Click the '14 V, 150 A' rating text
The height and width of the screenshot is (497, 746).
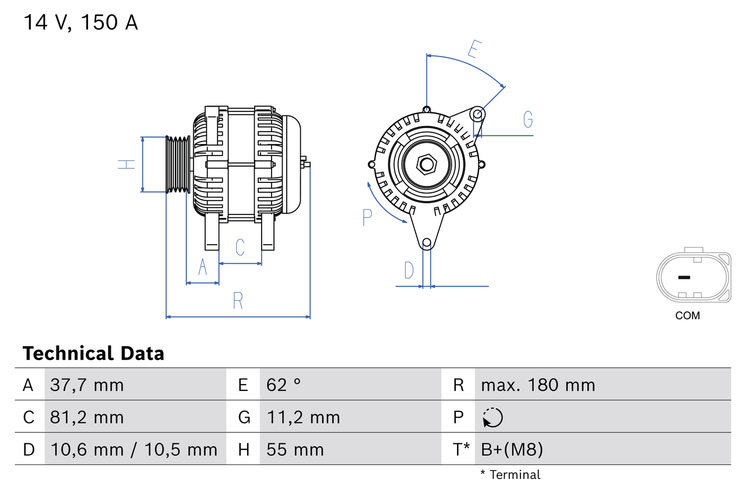click(81, 23)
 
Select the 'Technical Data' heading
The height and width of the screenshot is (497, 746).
click(93, 354)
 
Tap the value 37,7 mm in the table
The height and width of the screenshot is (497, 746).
click(87, 385)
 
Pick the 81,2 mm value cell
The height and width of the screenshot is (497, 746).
click(87, 418)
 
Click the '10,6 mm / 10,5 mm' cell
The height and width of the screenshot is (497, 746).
click(134, 450)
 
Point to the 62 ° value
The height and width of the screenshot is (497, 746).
click(284, 385)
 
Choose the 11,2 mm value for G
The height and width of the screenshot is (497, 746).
click(303, 418)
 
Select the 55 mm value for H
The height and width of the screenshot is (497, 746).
click(295, 450)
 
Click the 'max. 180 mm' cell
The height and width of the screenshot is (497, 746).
click(538, 385)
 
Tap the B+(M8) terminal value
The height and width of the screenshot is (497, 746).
click(512, 450)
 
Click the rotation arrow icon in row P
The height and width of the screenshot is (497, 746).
click(492, 418)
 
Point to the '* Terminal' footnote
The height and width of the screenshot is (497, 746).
click(511, 475)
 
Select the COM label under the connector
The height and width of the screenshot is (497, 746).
click(688, 316)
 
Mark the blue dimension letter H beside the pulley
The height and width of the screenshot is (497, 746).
click(126, 164)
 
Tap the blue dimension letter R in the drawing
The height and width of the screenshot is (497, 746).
click(238, 301)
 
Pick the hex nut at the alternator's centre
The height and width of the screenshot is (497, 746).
click(427, 164)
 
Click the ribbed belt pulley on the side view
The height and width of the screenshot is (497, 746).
click(178, 164)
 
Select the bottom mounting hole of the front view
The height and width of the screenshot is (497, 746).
click(427, 242)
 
